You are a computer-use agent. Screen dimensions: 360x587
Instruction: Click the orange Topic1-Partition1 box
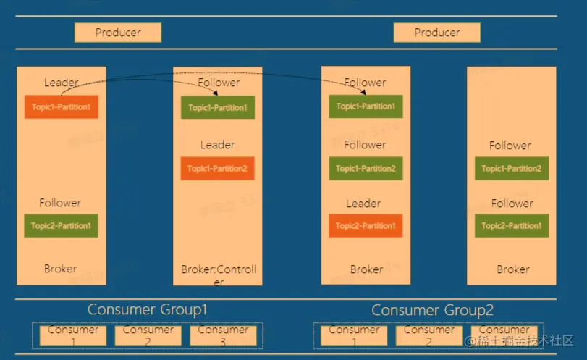(x=61, y=106)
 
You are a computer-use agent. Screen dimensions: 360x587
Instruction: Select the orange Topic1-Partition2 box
(x=217, y=169)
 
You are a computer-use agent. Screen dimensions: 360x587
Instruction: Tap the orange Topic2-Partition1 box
(x=366, y=226)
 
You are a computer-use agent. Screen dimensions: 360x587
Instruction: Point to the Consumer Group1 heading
(x=148, y=310)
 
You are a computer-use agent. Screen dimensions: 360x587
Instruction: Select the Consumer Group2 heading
(x=432, y=311)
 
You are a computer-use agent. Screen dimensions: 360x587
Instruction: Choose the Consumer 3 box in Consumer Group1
(x=224, y=335)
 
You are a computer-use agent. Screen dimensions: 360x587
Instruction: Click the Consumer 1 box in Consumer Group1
(x=73, y=335)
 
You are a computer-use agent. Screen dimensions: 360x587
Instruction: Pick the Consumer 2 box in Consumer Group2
(x=429, y=335)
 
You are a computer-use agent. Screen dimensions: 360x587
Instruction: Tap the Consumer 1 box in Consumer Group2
(x=354, y=335)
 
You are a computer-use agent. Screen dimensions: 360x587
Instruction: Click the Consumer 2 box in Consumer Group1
(x=148, y=335)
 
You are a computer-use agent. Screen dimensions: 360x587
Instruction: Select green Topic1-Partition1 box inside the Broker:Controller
(x=217, y=108)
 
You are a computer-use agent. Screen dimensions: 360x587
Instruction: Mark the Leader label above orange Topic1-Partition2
(x=217, y=145)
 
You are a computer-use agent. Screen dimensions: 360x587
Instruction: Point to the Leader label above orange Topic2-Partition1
(x=363, y=204)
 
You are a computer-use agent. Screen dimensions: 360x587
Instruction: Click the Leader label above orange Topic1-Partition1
(x=61, y=83)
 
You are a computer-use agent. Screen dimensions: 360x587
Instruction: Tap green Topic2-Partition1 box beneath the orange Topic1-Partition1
(x=61, y=226)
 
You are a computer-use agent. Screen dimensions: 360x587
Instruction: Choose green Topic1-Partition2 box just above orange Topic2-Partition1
(x=366, y=169)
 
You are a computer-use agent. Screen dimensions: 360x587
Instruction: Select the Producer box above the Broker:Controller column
(x=118, y=33)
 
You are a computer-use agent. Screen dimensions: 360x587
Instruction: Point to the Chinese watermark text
(x=519, y=340)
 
